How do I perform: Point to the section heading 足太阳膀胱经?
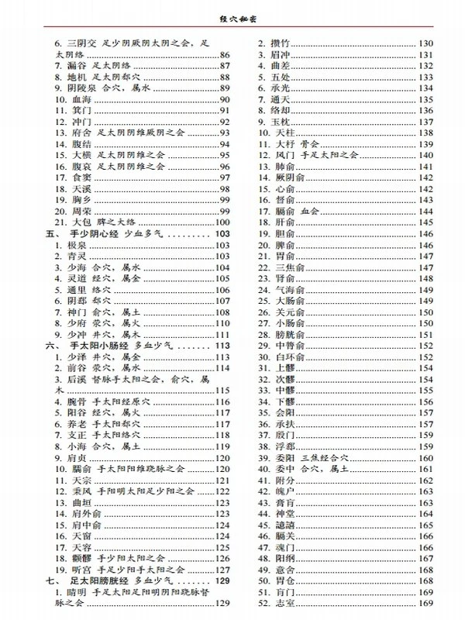[98, 580]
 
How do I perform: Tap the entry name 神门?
[75, 312]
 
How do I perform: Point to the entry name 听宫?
[80, 569]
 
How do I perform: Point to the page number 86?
[226, 54]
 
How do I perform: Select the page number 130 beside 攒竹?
[425, 42]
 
